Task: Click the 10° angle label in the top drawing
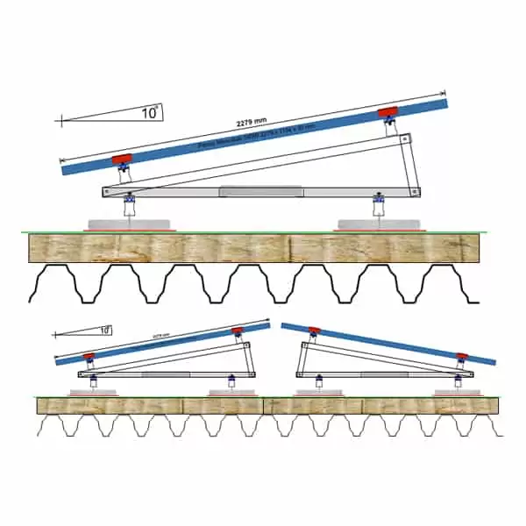pos(150,112)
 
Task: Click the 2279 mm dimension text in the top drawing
pos(253,123)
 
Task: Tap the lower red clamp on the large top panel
pos(122,159)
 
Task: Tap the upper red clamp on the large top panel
pos(387,112)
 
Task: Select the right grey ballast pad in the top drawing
pos(379,224)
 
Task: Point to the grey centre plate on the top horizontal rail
pos(260,191)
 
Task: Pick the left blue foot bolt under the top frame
pos(130,204)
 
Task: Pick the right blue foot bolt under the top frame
pos(379,204)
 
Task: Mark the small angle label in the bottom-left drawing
pos(104,331)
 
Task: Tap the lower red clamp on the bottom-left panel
pos(89,356)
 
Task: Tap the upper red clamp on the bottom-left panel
pos(237,331)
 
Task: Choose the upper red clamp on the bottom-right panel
pos(314,331)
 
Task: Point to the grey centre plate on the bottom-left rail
pos(165,374)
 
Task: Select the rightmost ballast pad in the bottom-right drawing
pos(458,392)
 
